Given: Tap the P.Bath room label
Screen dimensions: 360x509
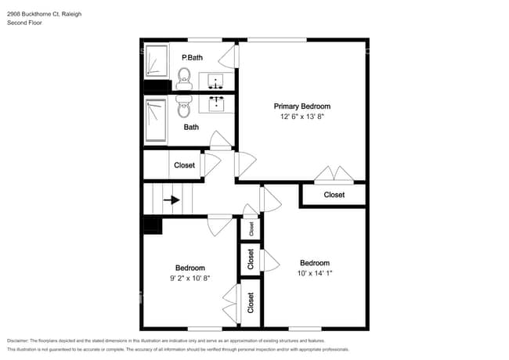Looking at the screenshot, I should (192, 58).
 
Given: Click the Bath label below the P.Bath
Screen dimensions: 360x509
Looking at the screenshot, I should (191, 127).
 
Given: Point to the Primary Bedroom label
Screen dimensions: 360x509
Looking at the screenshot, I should (301, 106).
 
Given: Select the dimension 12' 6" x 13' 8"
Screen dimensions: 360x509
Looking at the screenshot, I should (301, 117).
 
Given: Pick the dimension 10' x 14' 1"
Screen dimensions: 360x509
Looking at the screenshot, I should (314, 274).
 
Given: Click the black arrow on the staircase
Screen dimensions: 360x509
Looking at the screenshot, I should (171, 200).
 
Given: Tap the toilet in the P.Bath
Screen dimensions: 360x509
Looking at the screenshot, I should (184, 76).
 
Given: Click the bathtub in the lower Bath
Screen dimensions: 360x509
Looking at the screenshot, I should (155, 121).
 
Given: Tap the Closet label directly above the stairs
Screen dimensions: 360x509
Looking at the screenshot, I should (184, 165).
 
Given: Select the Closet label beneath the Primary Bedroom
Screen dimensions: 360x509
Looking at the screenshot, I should (334, 195).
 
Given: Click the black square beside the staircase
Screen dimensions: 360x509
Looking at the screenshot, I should (152, 225).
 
